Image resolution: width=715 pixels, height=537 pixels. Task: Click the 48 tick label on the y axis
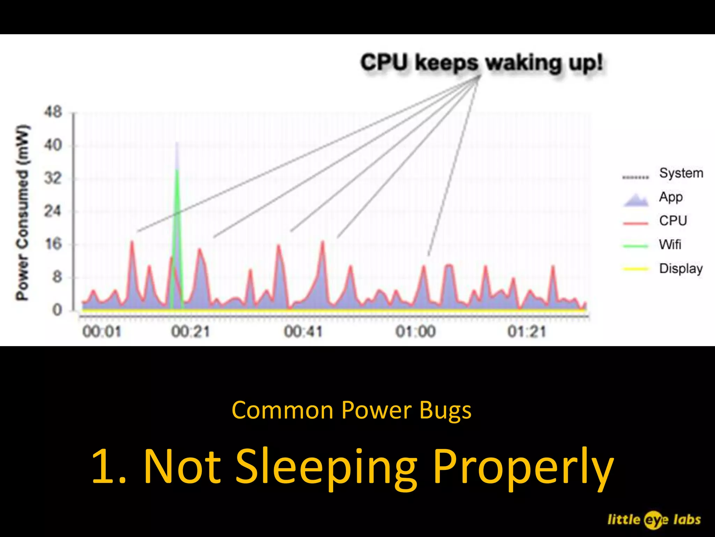(x=52, y=113)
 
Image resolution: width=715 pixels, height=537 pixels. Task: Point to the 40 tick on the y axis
(x=52, y=145)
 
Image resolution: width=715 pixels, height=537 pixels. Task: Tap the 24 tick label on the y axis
(x=52, y=211)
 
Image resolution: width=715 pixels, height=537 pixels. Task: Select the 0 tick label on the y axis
(x=57, y=310)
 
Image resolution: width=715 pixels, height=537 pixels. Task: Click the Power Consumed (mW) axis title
(x=22, y=212)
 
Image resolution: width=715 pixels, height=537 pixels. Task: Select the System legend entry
(x=681, y=173)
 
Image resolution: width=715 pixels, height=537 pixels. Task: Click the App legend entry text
(x=671, y=197)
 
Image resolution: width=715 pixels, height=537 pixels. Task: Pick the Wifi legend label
(x=670, y=244)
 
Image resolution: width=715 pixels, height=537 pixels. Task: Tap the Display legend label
(x=681, y=268)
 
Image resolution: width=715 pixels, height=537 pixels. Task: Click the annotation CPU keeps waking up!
(x=481, y=63)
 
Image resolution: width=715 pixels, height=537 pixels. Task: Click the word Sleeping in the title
(x=326, y=466)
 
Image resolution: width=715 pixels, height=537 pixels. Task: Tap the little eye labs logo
(x=654, y=520)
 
